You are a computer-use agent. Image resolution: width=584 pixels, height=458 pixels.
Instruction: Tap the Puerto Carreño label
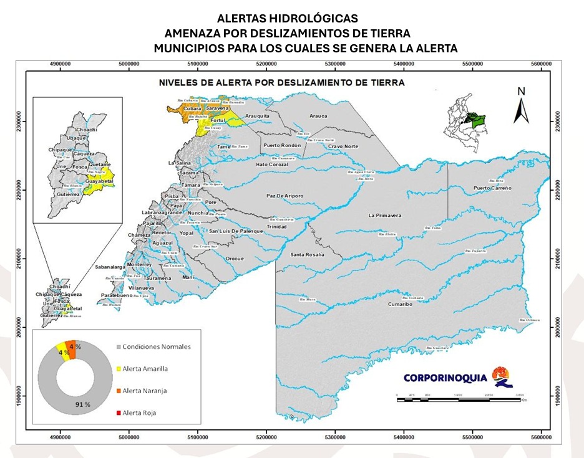(x=492, y=188)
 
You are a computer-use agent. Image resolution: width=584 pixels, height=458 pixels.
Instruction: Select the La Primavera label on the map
(x=384, y=216)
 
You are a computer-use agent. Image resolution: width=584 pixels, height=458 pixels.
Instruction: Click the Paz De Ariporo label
(x=285, y=196)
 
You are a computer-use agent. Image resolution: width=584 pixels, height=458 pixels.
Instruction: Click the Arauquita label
(x=257, y=116)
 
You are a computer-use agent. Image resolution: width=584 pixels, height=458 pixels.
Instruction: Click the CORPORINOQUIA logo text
(x=444, y=378)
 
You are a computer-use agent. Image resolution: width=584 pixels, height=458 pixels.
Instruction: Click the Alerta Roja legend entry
(x=140, y=413)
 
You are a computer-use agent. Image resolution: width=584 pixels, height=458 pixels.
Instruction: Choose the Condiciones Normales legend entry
(x=156, y=346)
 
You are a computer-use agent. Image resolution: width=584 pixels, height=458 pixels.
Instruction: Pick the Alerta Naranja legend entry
(x=145, y=391)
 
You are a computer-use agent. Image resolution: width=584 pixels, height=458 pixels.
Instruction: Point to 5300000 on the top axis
(x=335, y=63)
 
